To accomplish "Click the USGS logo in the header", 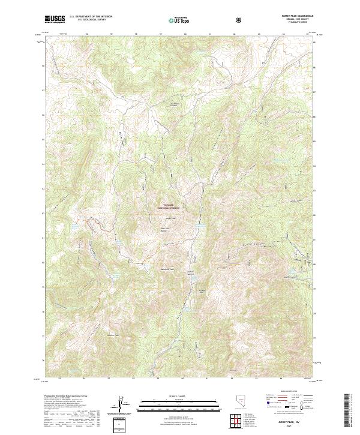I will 55,19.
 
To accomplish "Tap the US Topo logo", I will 178,20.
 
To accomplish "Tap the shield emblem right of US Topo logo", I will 239,19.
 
